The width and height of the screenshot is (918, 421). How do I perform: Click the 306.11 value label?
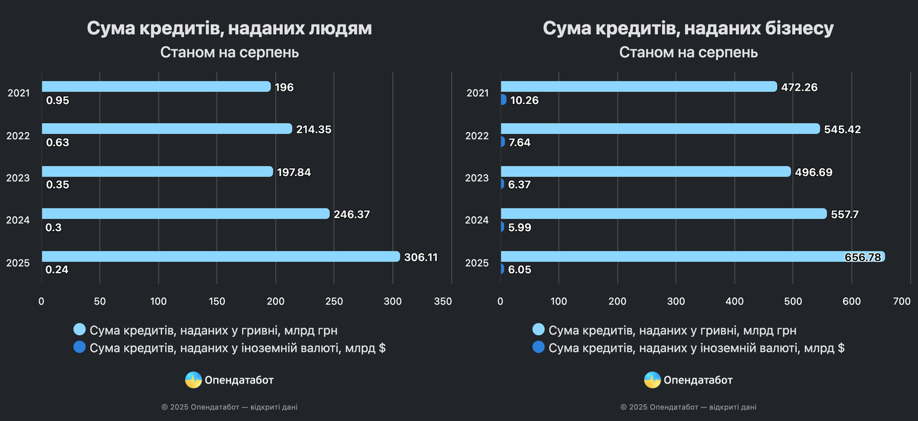[421, 257]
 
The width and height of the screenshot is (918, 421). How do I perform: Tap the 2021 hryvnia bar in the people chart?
[156, 86]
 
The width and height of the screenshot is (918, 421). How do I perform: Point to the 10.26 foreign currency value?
[524, 100]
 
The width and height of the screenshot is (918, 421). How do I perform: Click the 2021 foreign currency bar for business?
[503, 99]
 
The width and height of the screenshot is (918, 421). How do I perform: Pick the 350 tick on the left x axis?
[443, 301]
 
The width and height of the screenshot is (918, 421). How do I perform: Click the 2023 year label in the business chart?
[477, 178]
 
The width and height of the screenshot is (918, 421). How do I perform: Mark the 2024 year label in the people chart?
[18, 220]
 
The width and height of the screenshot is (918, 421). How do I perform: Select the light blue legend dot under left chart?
[79, 329]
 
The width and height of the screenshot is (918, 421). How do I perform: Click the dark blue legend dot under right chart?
[538, 347]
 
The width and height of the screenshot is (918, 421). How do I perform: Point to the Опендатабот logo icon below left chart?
[193, 380]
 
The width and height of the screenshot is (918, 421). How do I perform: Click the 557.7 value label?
[845, 214]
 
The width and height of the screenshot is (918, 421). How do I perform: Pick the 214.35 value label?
[313, 129]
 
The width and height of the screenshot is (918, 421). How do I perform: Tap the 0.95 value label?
[58, 100]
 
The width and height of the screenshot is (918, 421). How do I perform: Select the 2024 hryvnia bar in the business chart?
[664, 214]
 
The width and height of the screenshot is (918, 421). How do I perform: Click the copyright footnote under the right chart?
[688, 407]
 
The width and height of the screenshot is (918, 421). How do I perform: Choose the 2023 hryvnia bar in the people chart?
[157, 172]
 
